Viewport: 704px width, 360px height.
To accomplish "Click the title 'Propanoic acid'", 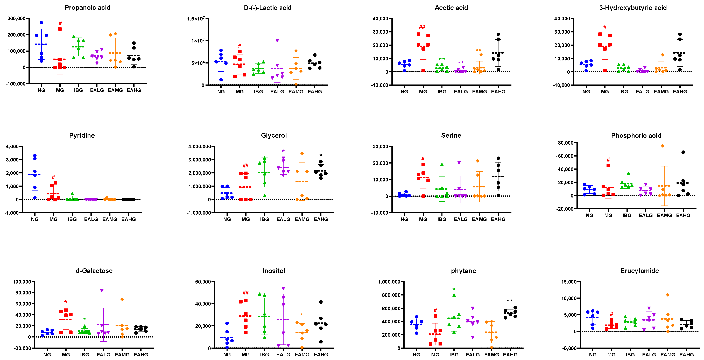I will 87,8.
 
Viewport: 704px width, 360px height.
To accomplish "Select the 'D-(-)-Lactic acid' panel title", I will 267,8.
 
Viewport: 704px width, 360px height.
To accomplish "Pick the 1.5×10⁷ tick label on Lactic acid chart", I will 196,19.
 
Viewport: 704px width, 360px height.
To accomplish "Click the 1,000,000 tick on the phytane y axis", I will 389,281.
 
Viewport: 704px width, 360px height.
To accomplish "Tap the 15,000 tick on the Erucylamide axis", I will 569,281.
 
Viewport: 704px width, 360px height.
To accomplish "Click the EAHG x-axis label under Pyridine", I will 128,219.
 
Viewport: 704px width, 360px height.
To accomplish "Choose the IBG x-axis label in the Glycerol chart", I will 264,219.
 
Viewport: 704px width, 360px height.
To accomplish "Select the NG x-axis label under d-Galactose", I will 47,355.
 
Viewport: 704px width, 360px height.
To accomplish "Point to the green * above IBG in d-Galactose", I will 85,319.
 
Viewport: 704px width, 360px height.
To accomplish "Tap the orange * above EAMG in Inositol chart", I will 302,315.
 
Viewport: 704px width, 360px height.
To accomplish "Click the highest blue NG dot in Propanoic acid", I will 41,23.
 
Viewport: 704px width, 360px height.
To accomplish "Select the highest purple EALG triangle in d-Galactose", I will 102,291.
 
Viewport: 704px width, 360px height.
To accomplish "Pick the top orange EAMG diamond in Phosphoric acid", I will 663,146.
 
